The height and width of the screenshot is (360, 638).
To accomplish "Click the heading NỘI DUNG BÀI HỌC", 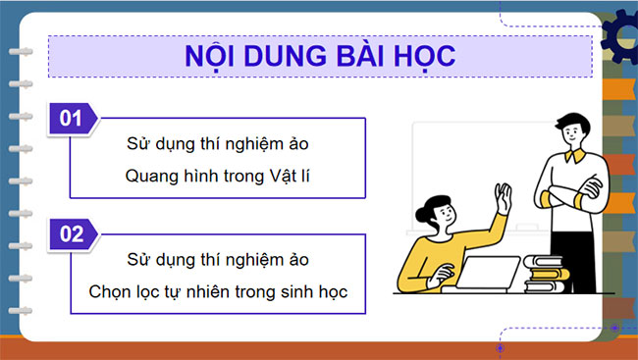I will (319, 55).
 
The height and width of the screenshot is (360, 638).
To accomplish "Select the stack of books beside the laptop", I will (545, 274).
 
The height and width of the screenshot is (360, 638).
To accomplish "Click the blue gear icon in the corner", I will (620, 35).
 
